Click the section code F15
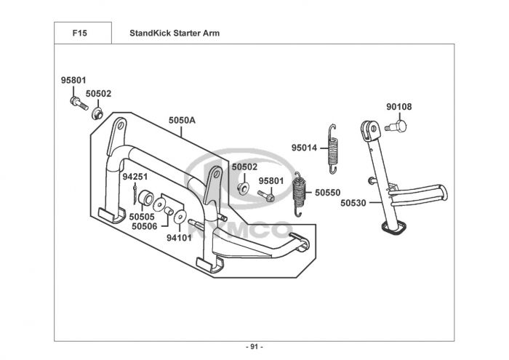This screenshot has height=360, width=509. click(x=79, y=33)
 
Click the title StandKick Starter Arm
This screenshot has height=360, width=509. click(x=175, y=33)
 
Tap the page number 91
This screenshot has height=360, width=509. click(x=254, y=347)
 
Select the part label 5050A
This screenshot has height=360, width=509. click(x=182, y=121)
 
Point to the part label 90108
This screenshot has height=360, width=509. click(x=399, y=107)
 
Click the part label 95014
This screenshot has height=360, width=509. click(x=304, y=148)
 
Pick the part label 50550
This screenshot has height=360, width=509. click(x=328, y=193)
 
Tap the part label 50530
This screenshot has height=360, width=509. click(x=353, y=203)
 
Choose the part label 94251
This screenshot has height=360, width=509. click(x=135, y=177)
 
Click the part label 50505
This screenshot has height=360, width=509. click(x=142, y=217)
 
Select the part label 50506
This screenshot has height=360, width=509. click(x=145, y=226)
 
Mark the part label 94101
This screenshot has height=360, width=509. click(x=179, y=238)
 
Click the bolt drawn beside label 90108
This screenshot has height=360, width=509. click(x=396, y=126)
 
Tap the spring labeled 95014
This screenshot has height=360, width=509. click(x=333, y=149)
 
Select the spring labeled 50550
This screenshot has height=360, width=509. click(x=300, y=194)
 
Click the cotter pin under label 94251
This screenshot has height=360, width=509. click(x=135, y=195)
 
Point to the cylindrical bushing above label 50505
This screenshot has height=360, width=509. click(x=145, y=199)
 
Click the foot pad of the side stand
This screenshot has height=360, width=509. click(x=394, y=227)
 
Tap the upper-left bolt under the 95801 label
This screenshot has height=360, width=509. click(x=79, y=103)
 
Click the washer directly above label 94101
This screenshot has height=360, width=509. click(x=180, y=217)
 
